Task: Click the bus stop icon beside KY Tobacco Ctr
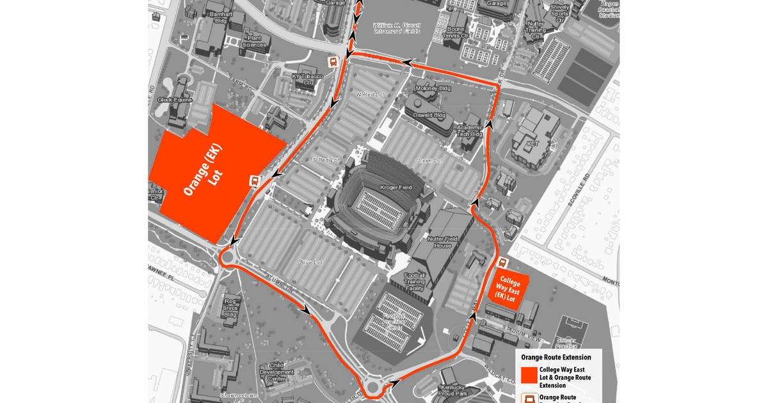pos(333,62)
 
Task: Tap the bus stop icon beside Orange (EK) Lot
pos(254,181)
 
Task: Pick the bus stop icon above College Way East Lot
pos(503,262)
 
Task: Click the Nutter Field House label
pos(442,242)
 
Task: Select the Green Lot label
pos(429,160)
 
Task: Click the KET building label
pos(532,145)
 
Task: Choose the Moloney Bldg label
pos(433,88)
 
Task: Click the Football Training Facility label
pos(415,281)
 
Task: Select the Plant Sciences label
pos(254,42)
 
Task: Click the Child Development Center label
pos(276,372)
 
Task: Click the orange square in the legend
pos(529,375)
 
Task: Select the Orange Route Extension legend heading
pos(556,357)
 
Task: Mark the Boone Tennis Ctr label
pos(456,32)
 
